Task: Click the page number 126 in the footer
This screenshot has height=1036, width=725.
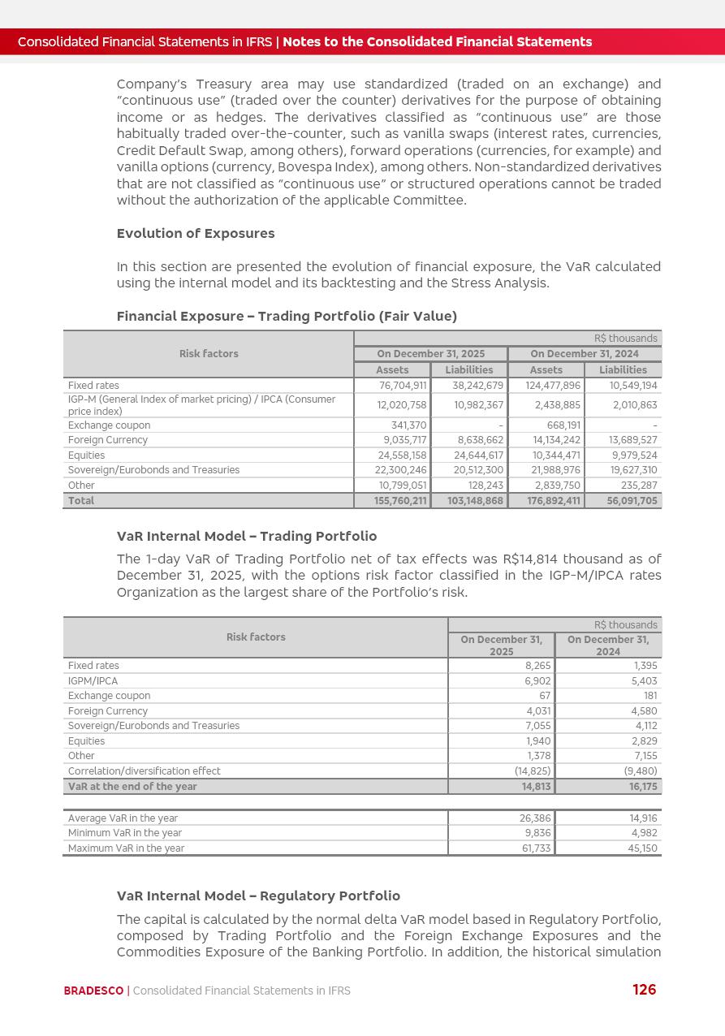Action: pos(644,990)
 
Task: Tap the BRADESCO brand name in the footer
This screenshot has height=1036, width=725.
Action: pos(93,991)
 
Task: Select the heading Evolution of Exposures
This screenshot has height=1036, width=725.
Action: pos(196,234)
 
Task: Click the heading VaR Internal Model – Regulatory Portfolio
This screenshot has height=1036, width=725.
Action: pos(258,896)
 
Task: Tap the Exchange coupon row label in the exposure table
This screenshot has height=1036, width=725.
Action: pos(109,425)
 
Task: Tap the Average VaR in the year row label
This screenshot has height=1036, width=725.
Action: pos(123,818)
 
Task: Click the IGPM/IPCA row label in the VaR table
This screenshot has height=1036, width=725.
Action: pos(93,681)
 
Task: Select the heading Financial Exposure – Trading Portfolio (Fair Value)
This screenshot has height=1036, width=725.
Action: pos(287,317)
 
